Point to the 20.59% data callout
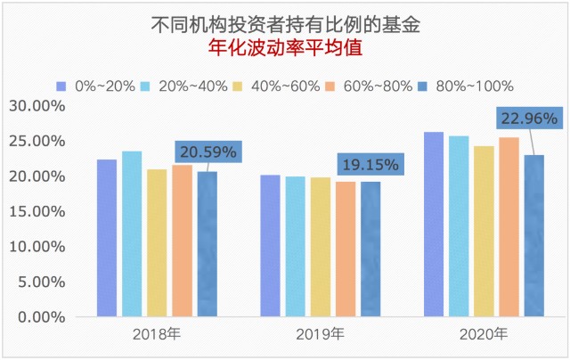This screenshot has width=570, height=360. coord(206,152)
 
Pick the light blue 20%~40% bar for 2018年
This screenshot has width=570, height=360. coord(132,233)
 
